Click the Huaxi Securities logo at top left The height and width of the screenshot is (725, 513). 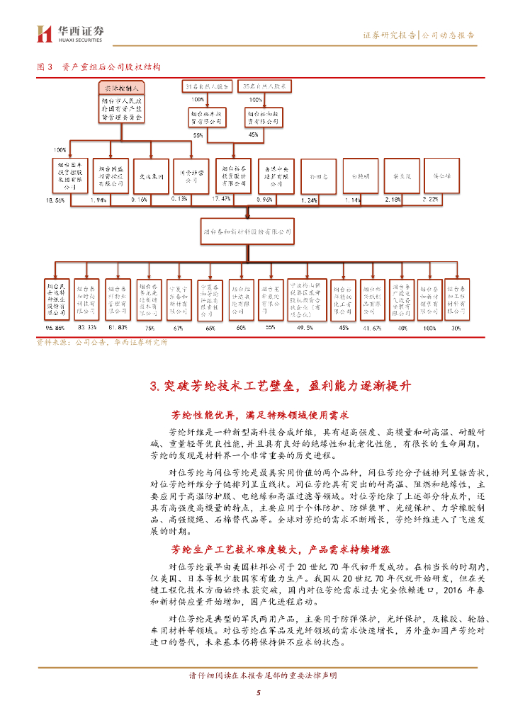[70, 33]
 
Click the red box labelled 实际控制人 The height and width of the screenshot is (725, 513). [120, 88]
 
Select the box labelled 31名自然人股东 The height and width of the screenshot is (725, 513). [207, 86]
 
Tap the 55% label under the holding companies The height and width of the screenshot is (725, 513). [198, 135]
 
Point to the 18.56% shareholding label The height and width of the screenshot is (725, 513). [55, 201]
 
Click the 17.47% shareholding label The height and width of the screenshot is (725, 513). [222, 199]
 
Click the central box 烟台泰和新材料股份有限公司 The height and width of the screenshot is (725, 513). [247, 231]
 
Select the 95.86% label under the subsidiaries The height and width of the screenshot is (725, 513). [54, 329]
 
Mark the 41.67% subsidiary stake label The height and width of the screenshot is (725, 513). [372, 329]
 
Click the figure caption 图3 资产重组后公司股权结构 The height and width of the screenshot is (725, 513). [98, 67]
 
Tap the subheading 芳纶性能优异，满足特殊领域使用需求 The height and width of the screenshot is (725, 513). [261, 415]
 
